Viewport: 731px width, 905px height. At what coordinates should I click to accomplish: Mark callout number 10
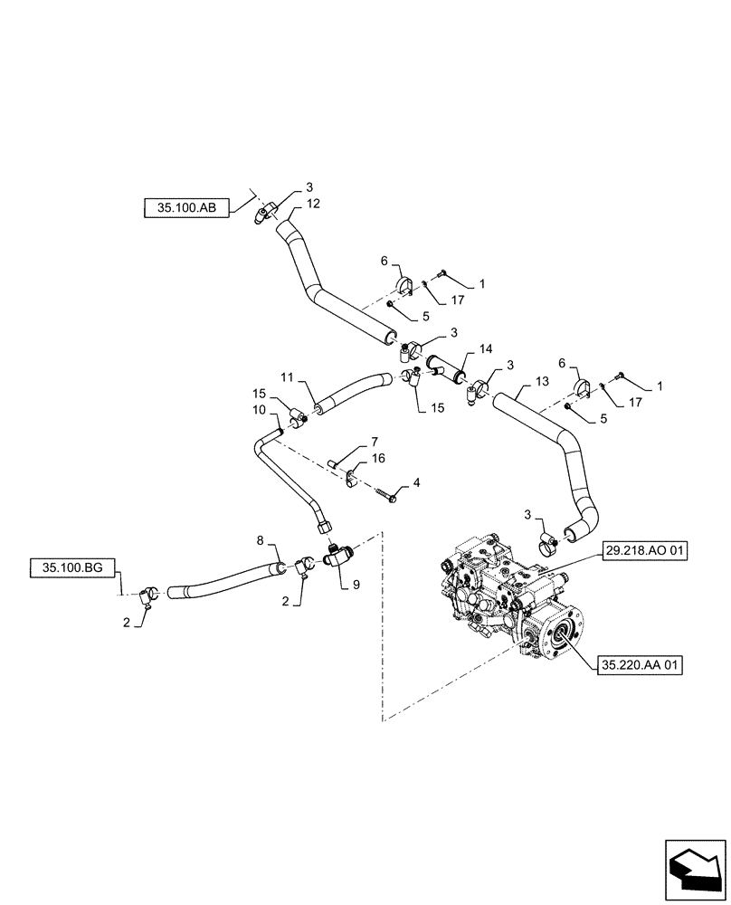pos(258,410)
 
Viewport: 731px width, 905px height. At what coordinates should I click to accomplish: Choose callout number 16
pos(377,459)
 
